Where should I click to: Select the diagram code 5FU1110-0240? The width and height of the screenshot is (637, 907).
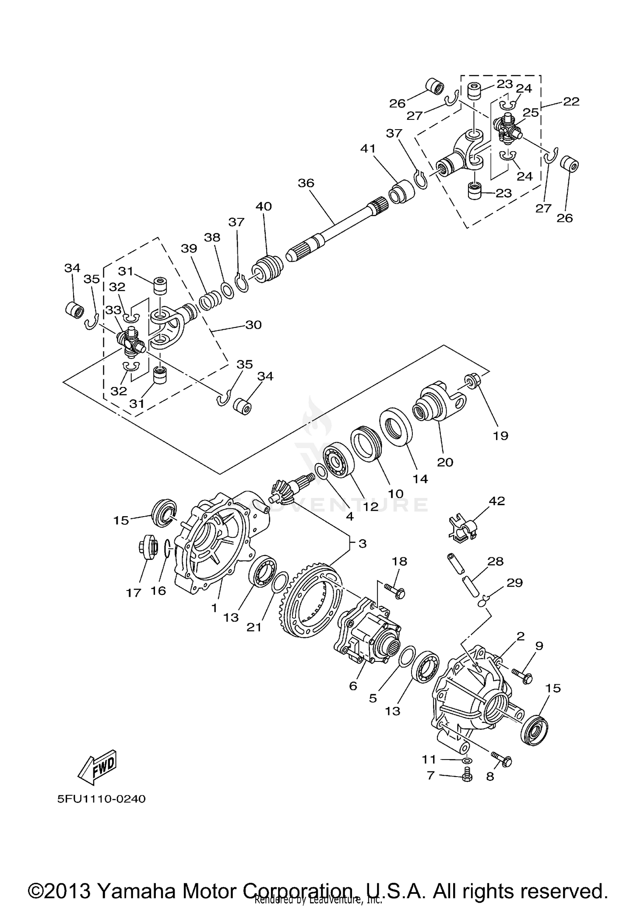tap(101, 799)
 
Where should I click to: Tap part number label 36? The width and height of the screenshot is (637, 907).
tap(306, 183)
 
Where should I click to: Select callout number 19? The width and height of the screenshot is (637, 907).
tap(501, 435)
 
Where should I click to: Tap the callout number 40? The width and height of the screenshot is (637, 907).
tap(264, 206)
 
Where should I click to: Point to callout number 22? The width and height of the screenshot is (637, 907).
tap(571, 101)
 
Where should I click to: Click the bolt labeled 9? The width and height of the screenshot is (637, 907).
tap(522, 675)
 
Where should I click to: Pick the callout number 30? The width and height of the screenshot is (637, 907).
tap(253, 325)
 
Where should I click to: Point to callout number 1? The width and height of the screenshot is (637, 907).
tap(214, 608)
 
